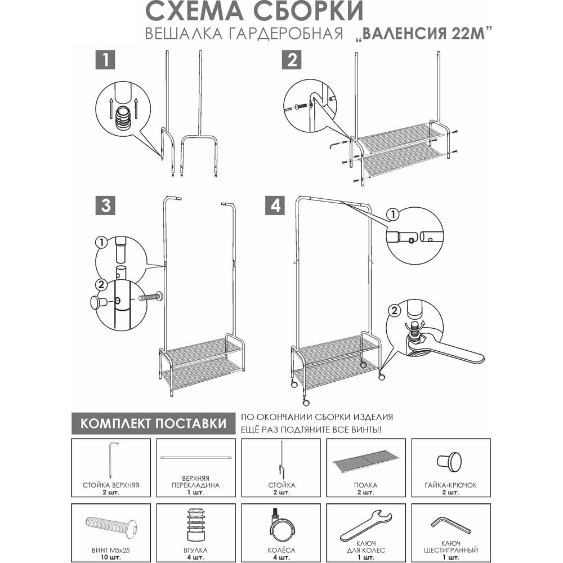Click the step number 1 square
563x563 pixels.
coord(105,60)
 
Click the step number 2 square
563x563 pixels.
coord(292,60)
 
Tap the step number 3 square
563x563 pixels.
coord(105,205)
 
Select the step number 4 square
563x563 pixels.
coord(275,205)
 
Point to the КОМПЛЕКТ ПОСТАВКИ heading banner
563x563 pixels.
coord(153,423)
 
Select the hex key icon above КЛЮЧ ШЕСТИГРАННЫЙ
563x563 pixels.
coord(450,525)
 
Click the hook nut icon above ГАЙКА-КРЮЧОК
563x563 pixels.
coord(450,462)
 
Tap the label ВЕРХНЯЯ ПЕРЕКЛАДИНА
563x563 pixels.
coord(196,482)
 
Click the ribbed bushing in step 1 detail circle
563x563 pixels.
coord(123,119)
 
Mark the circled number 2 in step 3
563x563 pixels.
coord(101,285)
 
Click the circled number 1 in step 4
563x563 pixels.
coord(393,215)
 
